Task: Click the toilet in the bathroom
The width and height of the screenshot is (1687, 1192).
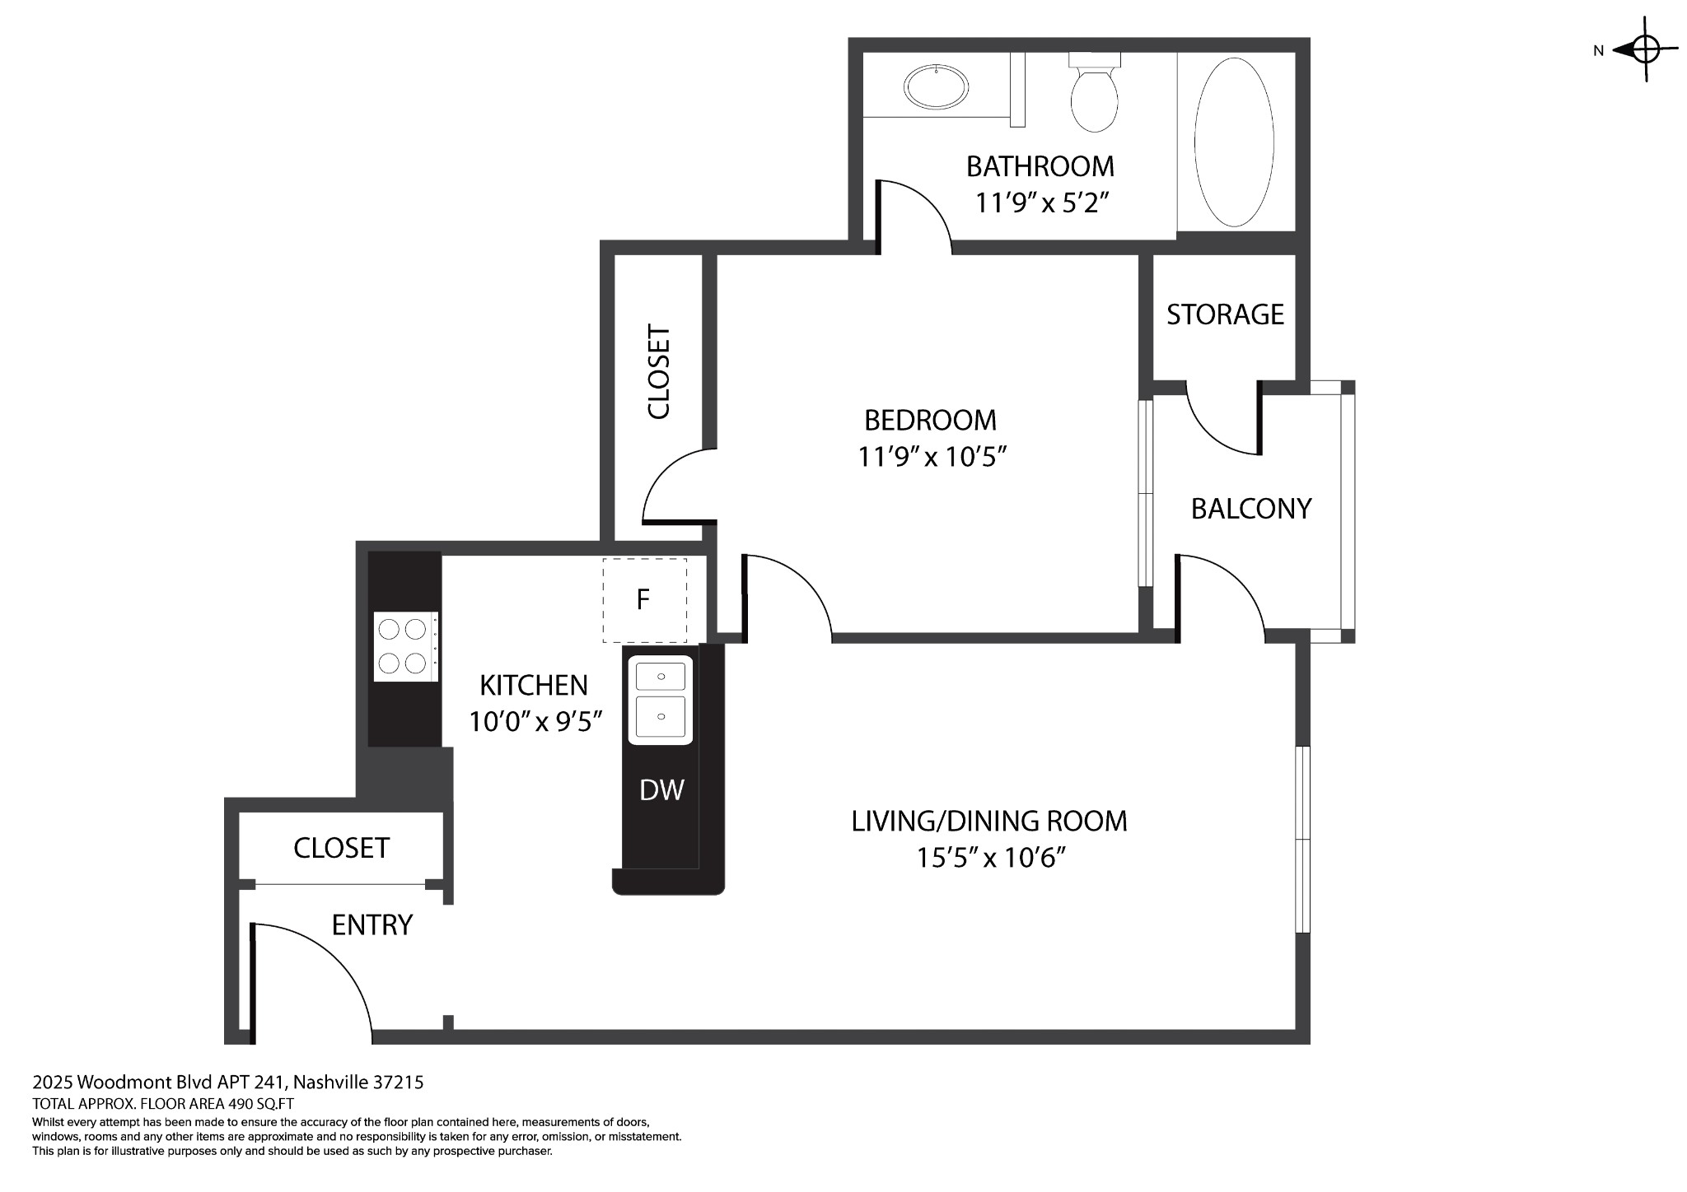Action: tap(1094, 97)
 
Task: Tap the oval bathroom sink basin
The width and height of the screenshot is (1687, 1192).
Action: tap(936, 86)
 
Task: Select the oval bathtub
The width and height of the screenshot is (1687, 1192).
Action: tap(1233, 142)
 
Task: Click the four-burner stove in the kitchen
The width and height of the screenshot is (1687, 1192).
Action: tap(404, 646)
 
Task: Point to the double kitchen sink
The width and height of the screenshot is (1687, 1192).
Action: tap(661, 700)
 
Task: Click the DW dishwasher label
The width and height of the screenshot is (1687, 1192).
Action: tap(661, 790)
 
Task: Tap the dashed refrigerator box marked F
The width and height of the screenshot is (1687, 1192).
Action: tap(644, 599)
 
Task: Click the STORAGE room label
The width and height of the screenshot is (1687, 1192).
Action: tap(1225, 314)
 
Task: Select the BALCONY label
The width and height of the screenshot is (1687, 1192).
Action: tap(1250, 509)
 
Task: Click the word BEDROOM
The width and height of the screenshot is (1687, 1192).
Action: tap(930, 421)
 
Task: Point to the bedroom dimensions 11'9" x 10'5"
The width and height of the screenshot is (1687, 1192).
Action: tap(932, 457)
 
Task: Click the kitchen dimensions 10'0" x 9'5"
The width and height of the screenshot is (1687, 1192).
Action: tap(535, 722)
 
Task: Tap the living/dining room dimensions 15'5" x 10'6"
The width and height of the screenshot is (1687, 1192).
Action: tap(991, 859)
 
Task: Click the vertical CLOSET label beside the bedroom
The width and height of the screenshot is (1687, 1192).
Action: tap(659, 372)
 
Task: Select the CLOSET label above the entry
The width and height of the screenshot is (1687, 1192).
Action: tap(341, 848)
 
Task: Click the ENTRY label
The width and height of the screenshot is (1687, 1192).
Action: tap(372, 925)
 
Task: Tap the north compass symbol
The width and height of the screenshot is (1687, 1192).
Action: tap(1644, 49)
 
